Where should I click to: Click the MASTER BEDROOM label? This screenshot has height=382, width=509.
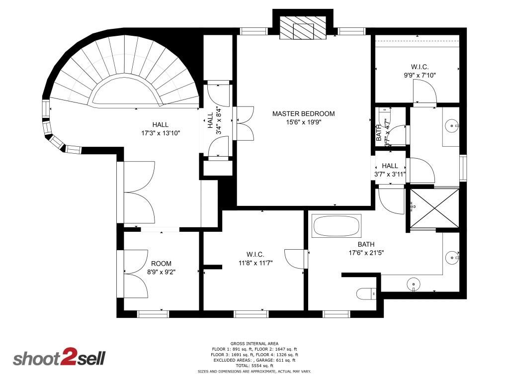pyautogui.click(x=303, y=114)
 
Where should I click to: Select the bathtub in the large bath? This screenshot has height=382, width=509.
pyautogui.click(x=337, y=226)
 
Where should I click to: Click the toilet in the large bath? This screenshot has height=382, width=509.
pyautogui.click(x=367, y=294)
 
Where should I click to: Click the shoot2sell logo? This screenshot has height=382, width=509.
pyautogui.click(x=59, y=359)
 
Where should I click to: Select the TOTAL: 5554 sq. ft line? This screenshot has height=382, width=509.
pyautogui.click(x=254, y=366)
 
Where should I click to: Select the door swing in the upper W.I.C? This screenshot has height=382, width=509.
pyautogui.click(x=425, y=93)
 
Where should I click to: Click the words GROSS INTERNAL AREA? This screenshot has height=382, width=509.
pyautogui.click(x=254, y=343)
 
